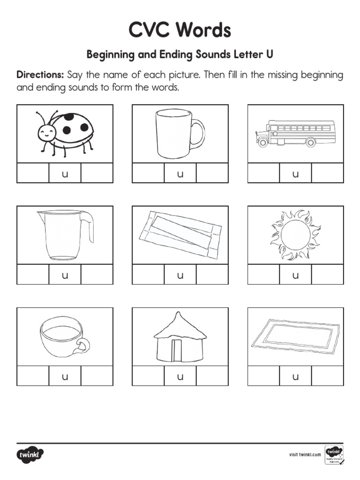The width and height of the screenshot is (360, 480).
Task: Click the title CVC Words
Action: [x=180, y=31]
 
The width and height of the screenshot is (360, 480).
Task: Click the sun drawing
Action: [x=295, y=234]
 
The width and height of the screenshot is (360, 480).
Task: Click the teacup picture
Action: [x=65, y=337]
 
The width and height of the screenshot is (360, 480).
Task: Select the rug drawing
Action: [x=295, y=337]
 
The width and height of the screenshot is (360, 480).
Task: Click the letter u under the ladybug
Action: [x=65, y=174]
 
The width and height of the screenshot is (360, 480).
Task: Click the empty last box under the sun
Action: [x=327, y=275]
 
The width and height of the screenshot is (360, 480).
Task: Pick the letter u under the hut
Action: [x=180, y=376]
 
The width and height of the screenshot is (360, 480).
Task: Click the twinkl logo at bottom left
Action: [x=30, y=454]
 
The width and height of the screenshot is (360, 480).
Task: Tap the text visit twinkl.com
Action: [x=305, y=454]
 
